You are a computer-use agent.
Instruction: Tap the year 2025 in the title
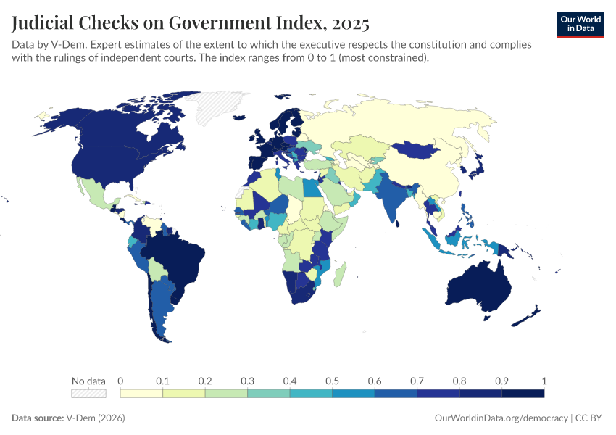[350, 23]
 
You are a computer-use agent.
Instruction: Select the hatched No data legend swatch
[88, 394]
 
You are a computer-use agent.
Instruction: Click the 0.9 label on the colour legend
[501, 381]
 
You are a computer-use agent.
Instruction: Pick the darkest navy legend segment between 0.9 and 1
[523, 394]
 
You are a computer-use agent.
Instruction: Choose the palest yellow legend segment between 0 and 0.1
[141, 394]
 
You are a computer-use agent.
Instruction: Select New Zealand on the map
[528, 316]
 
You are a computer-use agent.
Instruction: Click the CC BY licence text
[590, 418]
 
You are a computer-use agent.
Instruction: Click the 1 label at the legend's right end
[544, 381]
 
